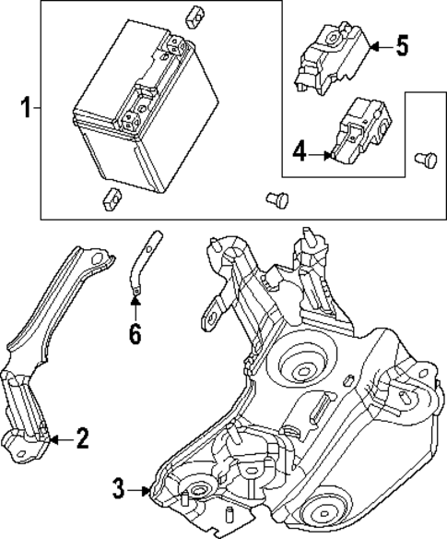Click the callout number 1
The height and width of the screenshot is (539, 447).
[26, 109]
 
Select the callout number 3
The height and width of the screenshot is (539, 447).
[119, 488]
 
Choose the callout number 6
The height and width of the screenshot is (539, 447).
[135, 332]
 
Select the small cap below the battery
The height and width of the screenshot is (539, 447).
[112, 195]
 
